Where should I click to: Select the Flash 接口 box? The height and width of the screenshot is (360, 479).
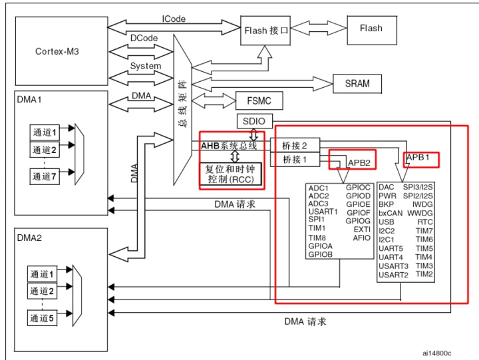click(266, 30)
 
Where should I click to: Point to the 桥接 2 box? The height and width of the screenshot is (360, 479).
click(295, 145)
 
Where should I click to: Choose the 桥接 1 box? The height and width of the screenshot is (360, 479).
click(295, 159)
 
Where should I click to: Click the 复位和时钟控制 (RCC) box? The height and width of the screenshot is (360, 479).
click(232, 174)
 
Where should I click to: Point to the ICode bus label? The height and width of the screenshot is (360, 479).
click(174, 19)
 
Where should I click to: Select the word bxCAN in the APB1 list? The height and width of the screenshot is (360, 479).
click(391, 213)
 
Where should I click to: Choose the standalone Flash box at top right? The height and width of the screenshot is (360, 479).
click(371, 29)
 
